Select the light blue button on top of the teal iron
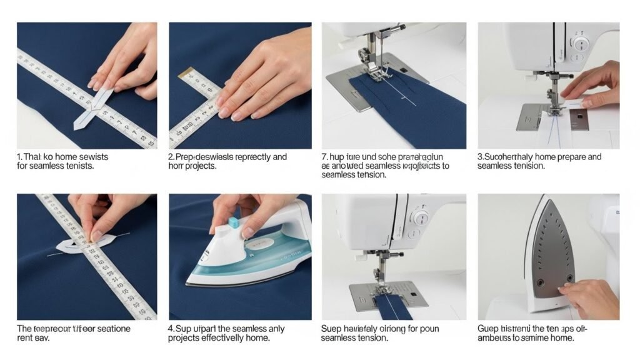233,222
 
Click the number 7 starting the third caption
324,157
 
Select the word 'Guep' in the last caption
488,329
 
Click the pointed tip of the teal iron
191,281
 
